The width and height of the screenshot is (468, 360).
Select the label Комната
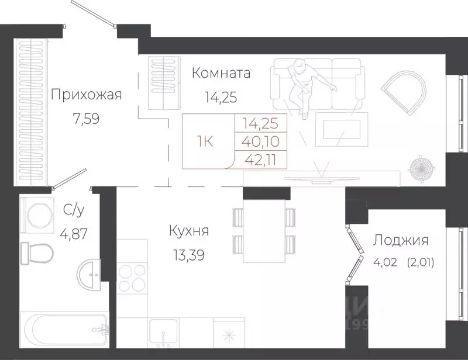221,73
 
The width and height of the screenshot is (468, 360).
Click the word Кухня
188,231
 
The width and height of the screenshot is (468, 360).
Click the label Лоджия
401,240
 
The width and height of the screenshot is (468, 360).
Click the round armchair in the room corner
404,89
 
